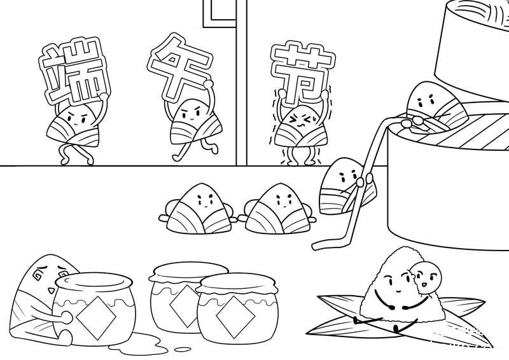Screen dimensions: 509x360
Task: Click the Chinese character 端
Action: [x=74, y=71]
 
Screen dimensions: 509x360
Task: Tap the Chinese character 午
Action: [x=179, y=67]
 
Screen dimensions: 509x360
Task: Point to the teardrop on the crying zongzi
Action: [x=51, y=290]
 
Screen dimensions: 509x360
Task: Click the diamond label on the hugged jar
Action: [x=96, y=317]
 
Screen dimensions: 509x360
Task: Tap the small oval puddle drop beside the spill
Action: [x=183, y=349]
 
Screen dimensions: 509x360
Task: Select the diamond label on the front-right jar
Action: [x=235, y=317]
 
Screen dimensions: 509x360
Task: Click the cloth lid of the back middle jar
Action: [x=188, y=272]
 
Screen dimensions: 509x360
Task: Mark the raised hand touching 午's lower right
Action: [x=208, y=84]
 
